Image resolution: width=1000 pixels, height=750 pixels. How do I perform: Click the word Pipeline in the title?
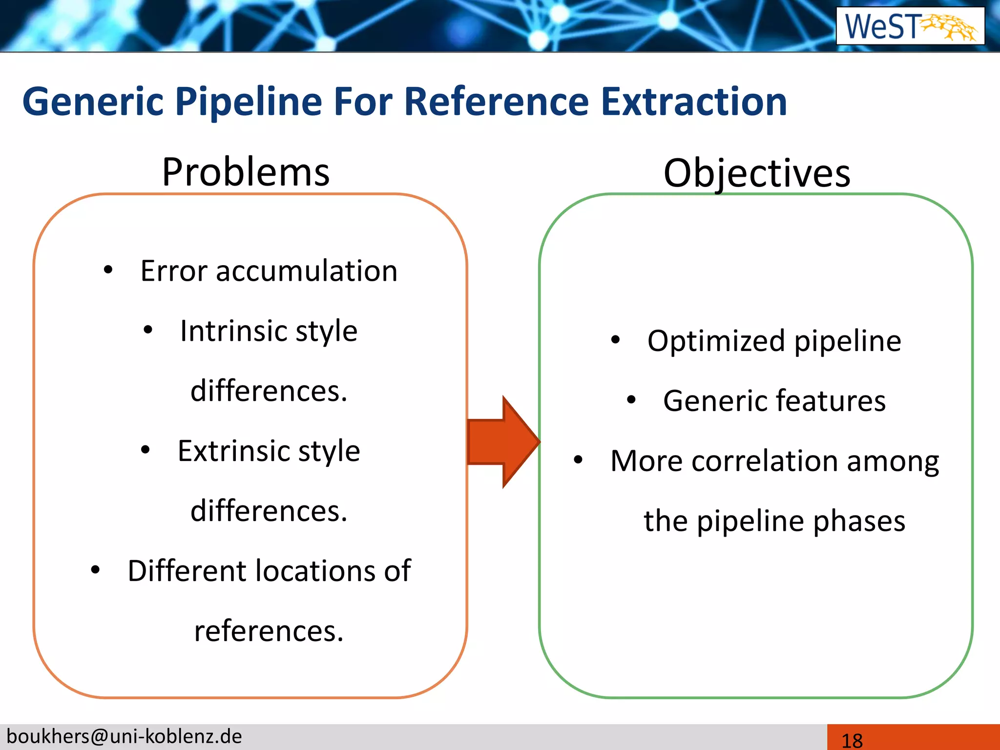tap(249, 102)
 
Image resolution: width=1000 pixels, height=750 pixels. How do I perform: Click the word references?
tap(269, 631)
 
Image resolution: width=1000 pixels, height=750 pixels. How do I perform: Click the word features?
tap(831, 401)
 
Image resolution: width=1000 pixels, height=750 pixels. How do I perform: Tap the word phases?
tap(859, 521)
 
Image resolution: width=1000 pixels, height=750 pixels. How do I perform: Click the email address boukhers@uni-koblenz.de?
tap(124, 736)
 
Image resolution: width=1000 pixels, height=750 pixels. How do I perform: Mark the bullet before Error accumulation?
tap(108, 270)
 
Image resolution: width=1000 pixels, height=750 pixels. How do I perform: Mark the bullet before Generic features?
tap(631, 400)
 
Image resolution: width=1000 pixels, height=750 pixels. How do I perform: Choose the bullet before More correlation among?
tap(579, 459)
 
